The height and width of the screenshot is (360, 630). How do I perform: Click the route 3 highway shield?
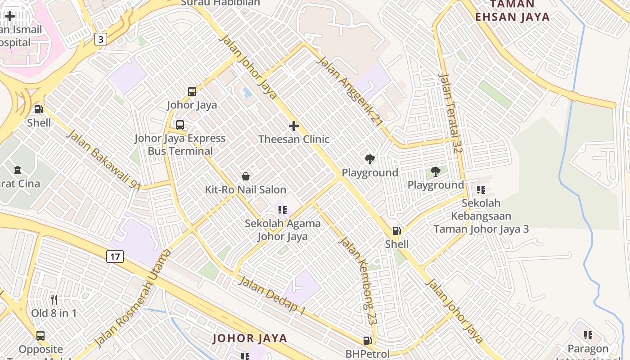click(100, 39)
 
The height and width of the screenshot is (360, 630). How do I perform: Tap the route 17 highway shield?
click(115, 257)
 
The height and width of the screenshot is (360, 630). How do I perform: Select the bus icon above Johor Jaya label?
click(192, 91)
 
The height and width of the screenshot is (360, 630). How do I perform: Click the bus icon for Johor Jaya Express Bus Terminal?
click(180, 125)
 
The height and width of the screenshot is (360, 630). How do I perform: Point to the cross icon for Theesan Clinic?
click(294, 126)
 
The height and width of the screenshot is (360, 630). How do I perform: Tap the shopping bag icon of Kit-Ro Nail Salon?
click(246, 176)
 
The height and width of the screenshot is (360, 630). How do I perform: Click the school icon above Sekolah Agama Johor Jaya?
click(283, 210)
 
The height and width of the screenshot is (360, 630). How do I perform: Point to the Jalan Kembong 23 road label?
click(357, 280)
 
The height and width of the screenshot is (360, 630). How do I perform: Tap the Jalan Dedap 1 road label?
click(272, 295)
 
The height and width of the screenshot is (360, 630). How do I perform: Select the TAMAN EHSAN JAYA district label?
click(513, 11)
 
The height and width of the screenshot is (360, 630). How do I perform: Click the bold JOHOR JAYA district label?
click(249, 338)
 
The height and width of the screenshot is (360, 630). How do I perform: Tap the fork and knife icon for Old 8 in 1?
click(54, 300)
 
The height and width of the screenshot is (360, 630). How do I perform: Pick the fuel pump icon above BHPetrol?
click(368, 341)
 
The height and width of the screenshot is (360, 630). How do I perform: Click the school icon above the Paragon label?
click(588, 335)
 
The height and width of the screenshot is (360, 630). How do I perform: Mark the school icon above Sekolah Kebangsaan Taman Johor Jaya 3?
click(481, 190)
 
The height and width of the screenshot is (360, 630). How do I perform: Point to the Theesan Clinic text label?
click(294, 139)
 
